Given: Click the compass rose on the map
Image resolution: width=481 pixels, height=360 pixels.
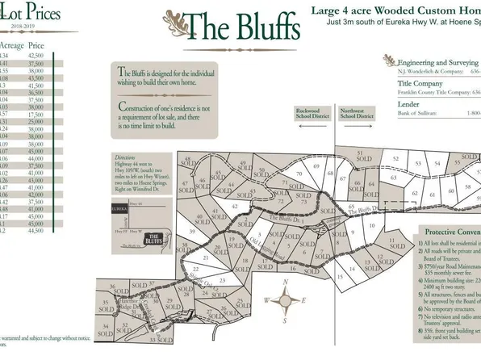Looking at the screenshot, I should [286, 300].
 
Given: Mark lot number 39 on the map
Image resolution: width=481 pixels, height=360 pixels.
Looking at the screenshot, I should [193, 232].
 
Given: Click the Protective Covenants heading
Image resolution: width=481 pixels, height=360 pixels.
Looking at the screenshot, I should [452, 229].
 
